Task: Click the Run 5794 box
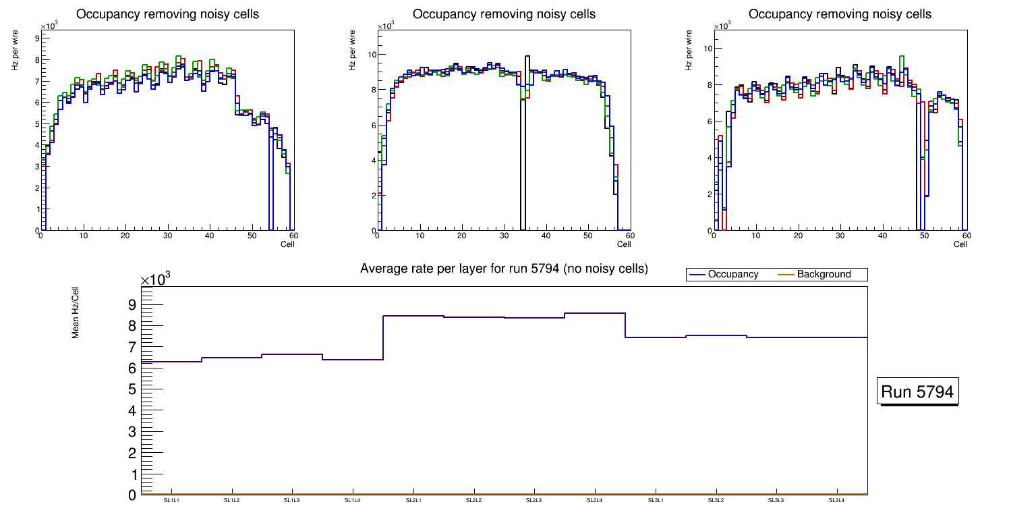(x=919, y=392)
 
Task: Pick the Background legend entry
(x=824, y=274)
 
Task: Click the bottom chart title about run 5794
(x=504, y=269)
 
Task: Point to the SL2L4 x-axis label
(x=594, y=500)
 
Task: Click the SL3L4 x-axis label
(x=836, y=500)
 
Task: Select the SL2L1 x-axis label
(x=413, y=500)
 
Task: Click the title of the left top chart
(x=167, y=14)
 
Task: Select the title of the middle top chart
(x=504, y=14)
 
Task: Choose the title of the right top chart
(x=840, y=14)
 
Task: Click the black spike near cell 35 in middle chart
(x=527, y=135)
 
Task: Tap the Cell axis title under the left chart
(x=287, y=244)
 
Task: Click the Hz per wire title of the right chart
(x=689, y=51)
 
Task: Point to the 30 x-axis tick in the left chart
(x=167, y=236)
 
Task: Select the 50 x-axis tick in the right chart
(x=924, y=236)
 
